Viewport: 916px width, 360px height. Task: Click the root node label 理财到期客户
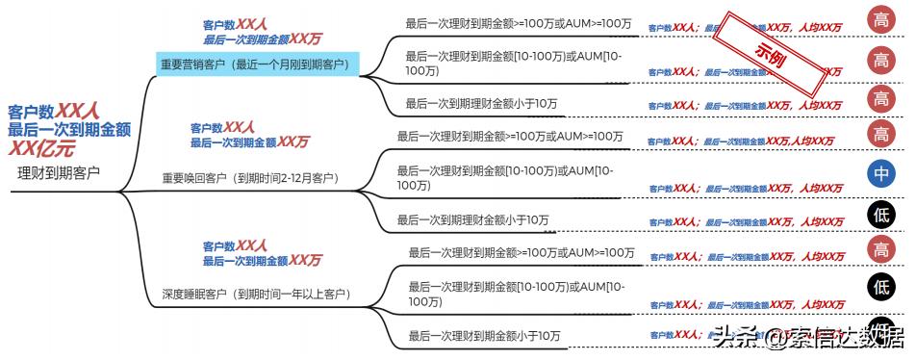click(59, 174)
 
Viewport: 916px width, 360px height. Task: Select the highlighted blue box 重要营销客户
click(258, 64)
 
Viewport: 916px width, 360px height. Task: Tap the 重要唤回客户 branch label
click(250, 178)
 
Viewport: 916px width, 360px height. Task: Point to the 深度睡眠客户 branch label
click(256, 294)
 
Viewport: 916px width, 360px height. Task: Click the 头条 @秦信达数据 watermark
click(808, 338)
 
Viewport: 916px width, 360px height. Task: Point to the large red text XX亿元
click(41, 148)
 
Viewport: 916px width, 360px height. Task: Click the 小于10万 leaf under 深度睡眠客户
click(484, 336)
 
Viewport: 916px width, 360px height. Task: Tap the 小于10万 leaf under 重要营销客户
click(481, 103)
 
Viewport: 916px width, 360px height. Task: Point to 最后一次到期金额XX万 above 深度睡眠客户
click(262, 261)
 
